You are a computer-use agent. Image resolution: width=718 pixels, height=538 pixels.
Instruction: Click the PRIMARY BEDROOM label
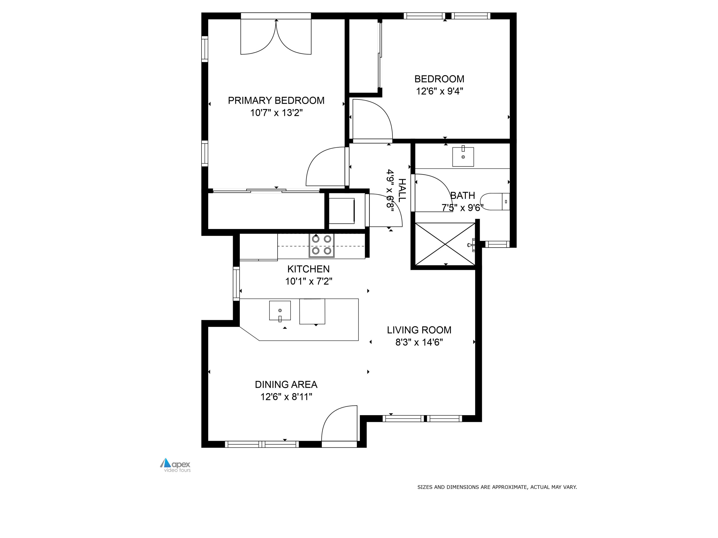276,100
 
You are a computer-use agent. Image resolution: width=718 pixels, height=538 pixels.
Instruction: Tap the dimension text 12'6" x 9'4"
439,91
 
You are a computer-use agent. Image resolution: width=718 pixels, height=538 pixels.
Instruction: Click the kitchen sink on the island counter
280,311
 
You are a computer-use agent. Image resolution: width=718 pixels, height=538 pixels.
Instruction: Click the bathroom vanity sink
463,157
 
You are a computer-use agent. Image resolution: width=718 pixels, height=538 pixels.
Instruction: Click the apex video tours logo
176,465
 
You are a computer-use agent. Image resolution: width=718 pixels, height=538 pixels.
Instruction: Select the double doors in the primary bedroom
276,37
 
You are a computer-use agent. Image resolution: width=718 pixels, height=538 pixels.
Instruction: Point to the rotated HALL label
402,190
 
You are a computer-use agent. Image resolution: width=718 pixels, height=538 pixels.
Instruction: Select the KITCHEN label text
308,269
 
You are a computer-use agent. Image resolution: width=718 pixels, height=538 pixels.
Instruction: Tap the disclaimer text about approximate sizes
497,487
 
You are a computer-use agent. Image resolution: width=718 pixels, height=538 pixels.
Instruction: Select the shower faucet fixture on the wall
472,245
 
